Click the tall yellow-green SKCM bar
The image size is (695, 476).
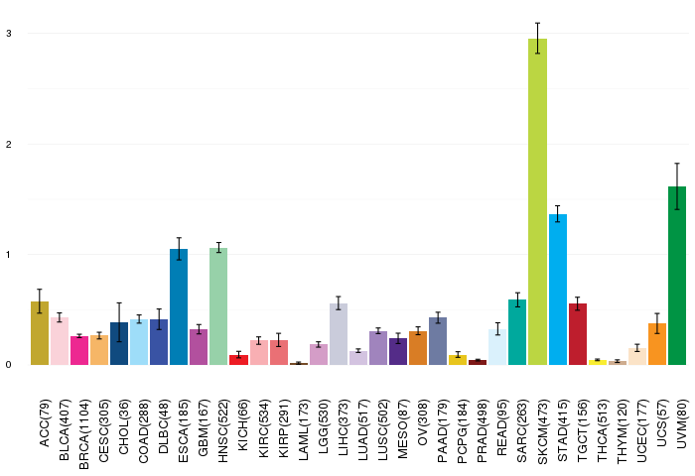click(x=538, y=201)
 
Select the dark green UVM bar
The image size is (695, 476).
click(x=677, y=276)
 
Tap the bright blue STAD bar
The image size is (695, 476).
click(x=558, y=290)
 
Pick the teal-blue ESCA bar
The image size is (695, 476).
click(x=179, y=306)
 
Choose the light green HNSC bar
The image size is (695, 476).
click(x=218, y=306)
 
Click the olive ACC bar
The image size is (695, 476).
click(x=40, y=333)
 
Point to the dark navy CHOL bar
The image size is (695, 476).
click(x=119, y=343)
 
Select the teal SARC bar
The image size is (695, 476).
click(x=517, y=332)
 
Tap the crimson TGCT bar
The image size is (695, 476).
click(x=578, y=334)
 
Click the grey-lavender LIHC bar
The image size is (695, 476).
click(x=339, y=334)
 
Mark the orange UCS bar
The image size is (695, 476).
click(x=657, y=344)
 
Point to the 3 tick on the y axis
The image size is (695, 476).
click(x=9, y=33)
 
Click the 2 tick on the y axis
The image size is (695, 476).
click(x=9, y=144)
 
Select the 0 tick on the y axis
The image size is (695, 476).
click(x=9, y=364)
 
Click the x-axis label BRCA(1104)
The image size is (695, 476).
click(x=83, y=434)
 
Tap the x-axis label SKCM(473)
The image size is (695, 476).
click(x=542, y=431)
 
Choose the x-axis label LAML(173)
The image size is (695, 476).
click(x=303, y=430)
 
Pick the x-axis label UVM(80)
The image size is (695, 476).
click(x=682, y=423)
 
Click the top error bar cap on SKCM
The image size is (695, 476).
click(x=538, y=23)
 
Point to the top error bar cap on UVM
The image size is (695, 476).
click(x=677, y=164)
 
